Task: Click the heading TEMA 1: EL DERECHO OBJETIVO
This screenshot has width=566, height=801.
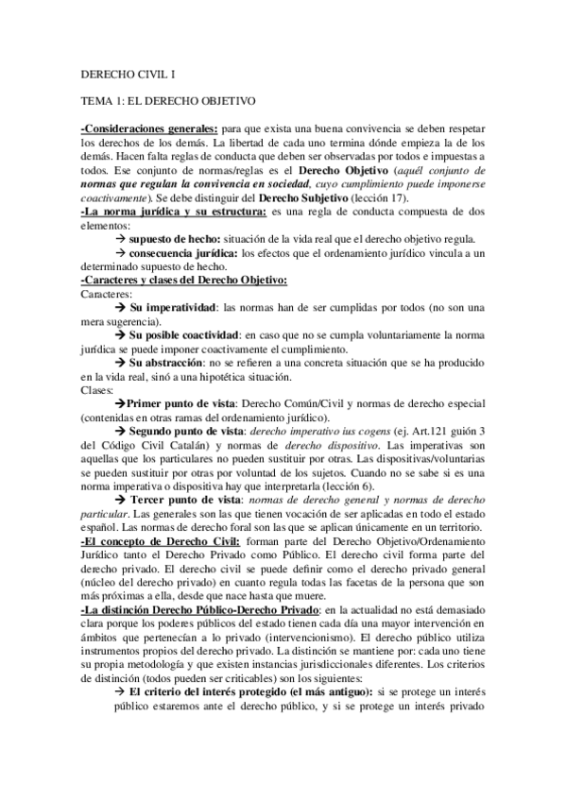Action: pos(165,98)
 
